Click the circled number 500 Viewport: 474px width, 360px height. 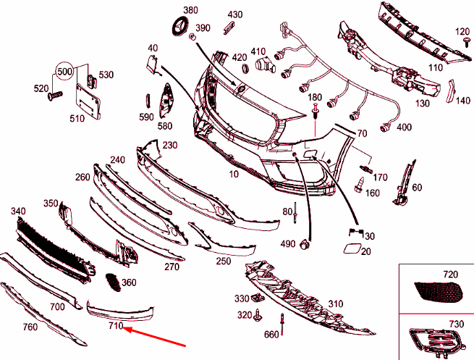point(65,73)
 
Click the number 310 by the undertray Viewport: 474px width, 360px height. point(335,304)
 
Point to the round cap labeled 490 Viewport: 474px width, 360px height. point(307,244)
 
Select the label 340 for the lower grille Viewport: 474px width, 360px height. point(18,211)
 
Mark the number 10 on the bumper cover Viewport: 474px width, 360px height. point(234,174)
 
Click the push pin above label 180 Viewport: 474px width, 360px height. point(316,111)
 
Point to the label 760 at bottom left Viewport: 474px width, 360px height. point(30,327)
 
